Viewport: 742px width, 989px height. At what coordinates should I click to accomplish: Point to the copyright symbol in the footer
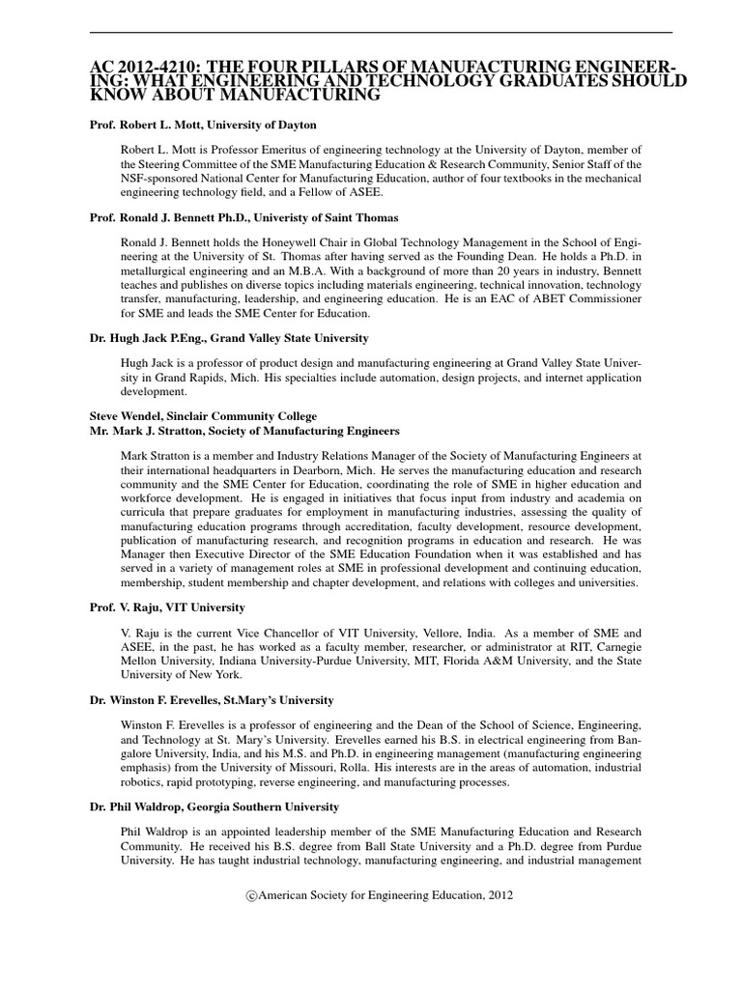click(252, 895)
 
